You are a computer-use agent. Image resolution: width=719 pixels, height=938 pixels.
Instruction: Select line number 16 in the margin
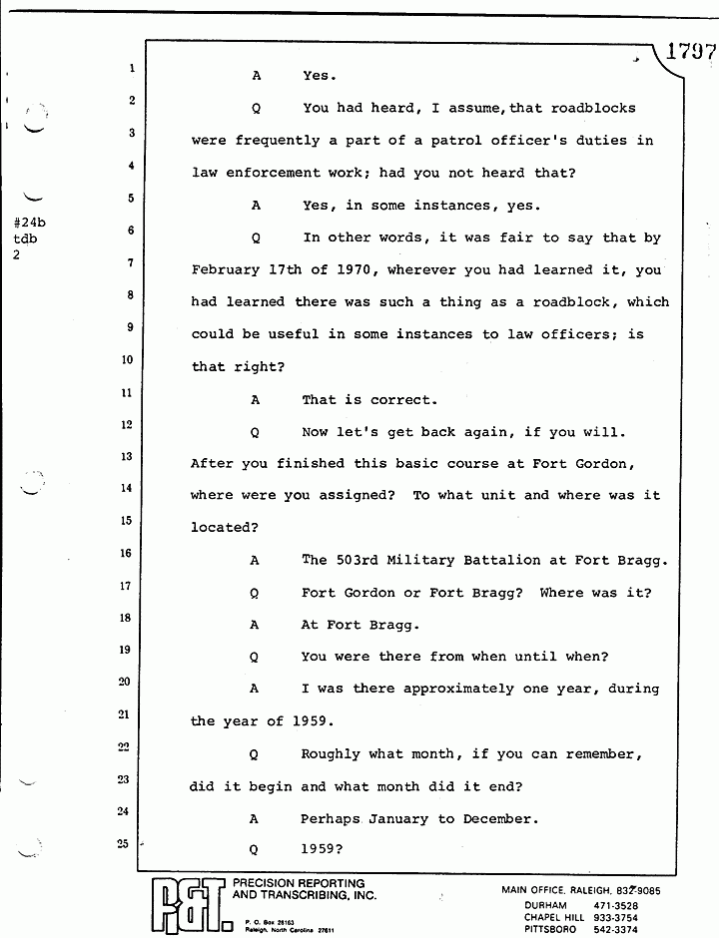(x=126, y=553)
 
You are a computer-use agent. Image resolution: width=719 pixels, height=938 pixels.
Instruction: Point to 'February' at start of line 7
(x=228, y=270)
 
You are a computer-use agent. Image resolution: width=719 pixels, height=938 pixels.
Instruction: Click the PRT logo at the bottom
(x=189, y=904)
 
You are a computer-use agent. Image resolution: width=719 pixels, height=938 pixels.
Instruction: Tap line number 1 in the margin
(x=131, y=69)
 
